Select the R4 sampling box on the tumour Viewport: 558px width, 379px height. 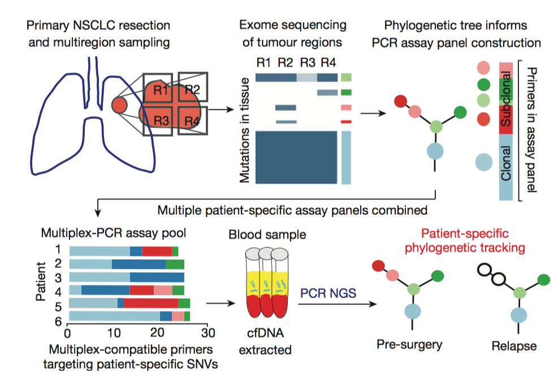(192, 120)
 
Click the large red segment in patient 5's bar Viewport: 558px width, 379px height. (151, 303)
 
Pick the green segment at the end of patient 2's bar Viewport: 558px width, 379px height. (175, 264)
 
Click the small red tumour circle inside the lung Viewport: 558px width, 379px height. (119, 105)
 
